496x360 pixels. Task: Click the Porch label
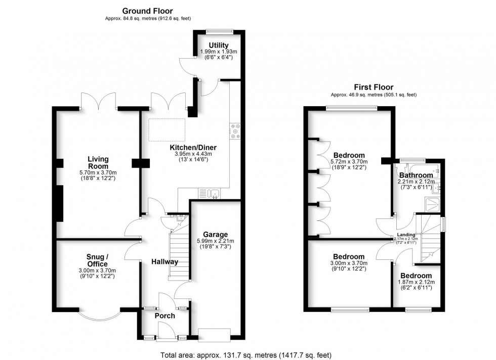(164, 316)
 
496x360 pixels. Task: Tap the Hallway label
(165, 261)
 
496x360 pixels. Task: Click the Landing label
(406, 235)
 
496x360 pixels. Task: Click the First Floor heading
(374, 87)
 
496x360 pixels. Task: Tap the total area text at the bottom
(246, 355)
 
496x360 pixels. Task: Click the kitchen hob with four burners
(234, 131)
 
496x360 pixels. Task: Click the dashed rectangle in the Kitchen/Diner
(167, 130)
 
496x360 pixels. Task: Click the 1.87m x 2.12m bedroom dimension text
(418, 282)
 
